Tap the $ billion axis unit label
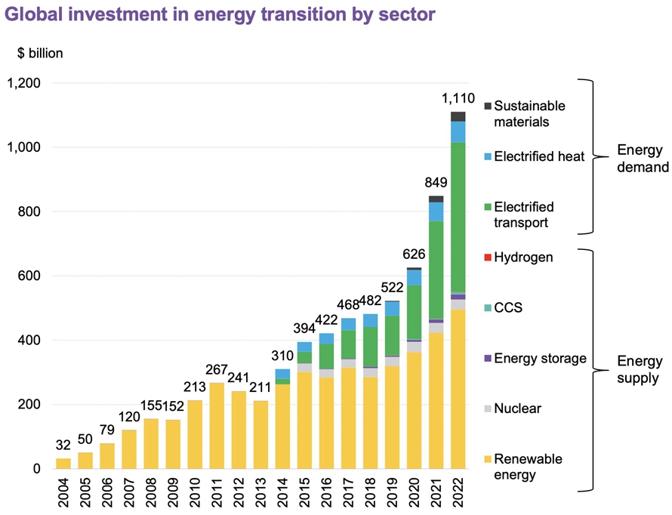click(x=41, y=53)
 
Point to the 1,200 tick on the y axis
click(x=25, y=83)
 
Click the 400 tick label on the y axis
click(x=30, y=341)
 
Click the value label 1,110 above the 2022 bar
click(x=458, y=99)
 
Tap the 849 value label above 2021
click(x=436, y=182)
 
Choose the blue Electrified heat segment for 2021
click(x=436, y=211)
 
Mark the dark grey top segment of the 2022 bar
click(x=458, y=116)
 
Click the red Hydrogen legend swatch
click(x=488, y=257)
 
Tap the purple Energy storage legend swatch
click(x=488, y=359)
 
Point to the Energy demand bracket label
click(x=643, y=158)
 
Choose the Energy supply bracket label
click(x=639, y=369)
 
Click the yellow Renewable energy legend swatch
click(x=488, y=459)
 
